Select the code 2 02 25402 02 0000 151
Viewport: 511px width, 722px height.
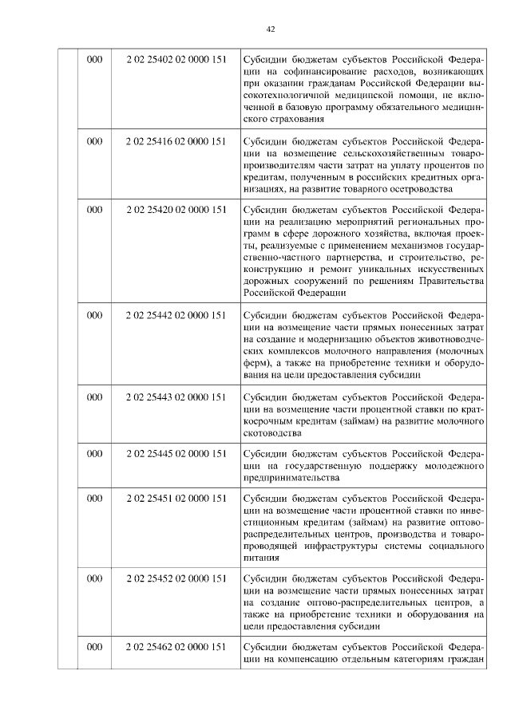[176, 59]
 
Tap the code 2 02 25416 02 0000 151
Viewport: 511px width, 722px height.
[176, 142]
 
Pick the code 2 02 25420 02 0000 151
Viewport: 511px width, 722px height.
[176, 210]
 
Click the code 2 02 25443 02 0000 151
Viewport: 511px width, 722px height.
[176, 397]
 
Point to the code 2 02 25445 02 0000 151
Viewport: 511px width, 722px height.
[176, 454]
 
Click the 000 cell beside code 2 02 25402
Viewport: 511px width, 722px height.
[94, 59]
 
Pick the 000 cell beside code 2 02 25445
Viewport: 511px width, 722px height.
[94, 454]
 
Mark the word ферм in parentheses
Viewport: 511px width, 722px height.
[258, 363]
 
